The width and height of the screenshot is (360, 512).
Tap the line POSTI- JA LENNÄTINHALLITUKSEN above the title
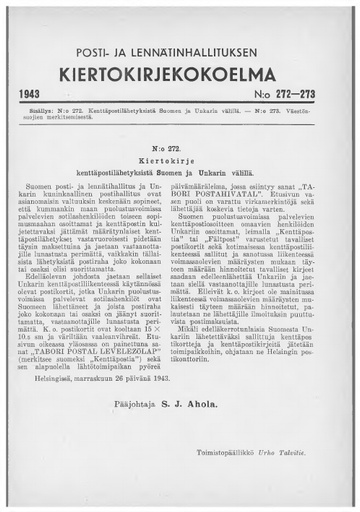[180, 50]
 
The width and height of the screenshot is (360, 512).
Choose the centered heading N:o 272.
[181, 145]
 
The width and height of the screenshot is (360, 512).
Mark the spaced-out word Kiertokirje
[181, 158]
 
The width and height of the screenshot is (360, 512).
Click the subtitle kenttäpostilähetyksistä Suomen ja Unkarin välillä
[181, 170]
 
